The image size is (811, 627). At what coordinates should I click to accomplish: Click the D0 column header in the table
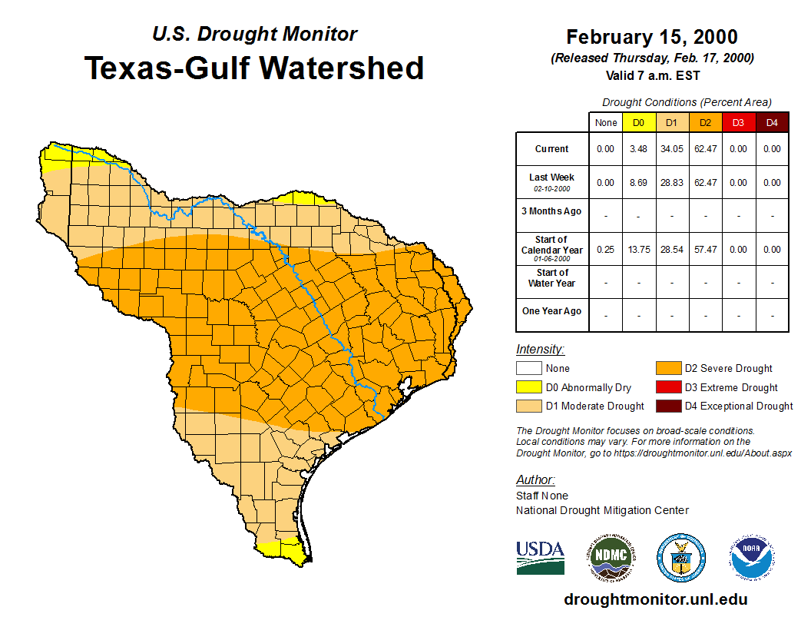[639, 122]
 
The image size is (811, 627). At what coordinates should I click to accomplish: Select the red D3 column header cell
[738, 122]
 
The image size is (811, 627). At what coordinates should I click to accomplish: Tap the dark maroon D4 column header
[771, 122]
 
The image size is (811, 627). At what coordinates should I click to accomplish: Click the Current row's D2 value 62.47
[705, 149]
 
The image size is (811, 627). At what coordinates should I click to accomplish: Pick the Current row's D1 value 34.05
[672, 149]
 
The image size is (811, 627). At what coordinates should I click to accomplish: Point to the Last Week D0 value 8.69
[639, 183]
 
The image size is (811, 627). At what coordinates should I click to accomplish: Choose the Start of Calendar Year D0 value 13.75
[639, 250]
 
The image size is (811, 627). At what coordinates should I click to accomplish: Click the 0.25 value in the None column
[606, 250]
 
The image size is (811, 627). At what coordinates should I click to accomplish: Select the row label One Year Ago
[552, 311]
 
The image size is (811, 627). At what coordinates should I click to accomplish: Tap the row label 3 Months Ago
[552, 211]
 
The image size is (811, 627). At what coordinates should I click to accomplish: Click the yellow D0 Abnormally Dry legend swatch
[530, 387]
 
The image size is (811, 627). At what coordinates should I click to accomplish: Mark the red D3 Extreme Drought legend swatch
[668, 387]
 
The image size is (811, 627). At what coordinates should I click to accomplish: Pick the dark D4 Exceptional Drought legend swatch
[668, 406]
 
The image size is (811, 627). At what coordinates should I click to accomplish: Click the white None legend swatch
[530, 369]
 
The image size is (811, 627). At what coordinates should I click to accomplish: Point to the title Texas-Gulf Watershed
[254, 68]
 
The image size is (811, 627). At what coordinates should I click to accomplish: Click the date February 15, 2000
[652, 37]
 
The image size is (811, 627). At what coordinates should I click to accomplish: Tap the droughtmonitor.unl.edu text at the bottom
[655, 599]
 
